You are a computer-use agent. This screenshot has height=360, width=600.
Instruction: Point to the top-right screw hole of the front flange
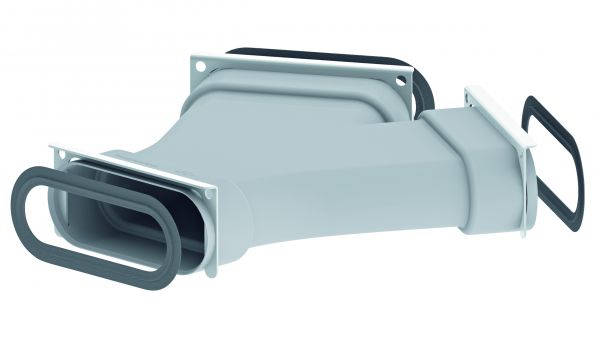207,189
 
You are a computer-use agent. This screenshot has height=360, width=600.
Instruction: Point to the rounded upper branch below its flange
290,110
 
